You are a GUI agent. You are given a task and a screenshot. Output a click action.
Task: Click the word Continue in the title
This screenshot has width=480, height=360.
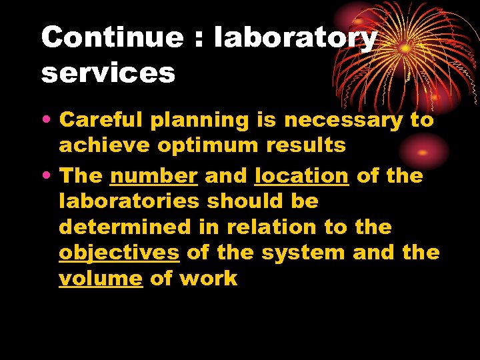tap(111, 37)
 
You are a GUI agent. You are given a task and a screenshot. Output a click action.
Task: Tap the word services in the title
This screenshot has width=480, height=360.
tap(108, 72)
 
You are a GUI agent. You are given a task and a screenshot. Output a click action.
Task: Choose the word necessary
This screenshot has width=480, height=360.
tap(343, 121)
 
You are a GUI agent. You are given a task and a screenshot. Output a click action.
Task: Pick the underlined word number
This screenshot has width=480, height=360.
tap(154, 176)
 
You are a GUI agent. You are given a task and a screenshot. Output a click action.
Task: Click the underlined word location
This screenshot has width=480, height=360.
tap(301, 176)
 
